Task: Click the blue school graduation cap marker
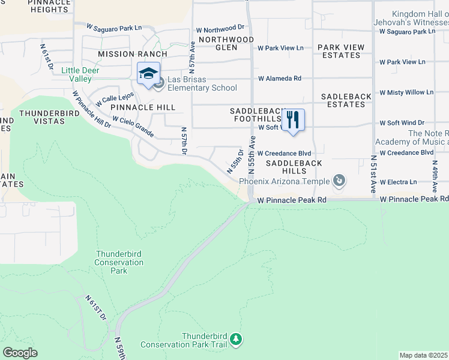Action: [x=148, y=74]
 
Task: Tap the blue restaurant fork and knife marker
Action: [x=293, y=120]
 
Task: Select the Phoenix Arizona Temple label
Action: [x=285, y=181]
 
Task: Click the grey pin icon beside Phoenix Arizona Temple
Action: [x=339, y=180]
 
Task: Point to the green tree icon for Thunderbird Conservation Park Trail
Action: [x=237, y=340]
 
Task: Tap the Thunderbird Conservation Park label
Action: [x=119, y=262]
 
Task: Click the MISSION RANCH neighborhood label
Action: [x=124, y=54]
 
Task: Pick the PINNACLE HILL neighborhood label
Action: [x=143, y=107]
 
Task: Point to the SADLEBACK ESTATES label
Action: [x=351, y=100]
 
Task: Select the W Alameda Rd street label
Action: [x=280, y=79]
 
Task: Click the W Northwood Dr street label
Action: [x=224, y=28]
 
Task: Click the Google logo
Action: [x=20, y=353]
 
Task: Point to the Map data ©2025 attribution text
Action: [x=424, y=355]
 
